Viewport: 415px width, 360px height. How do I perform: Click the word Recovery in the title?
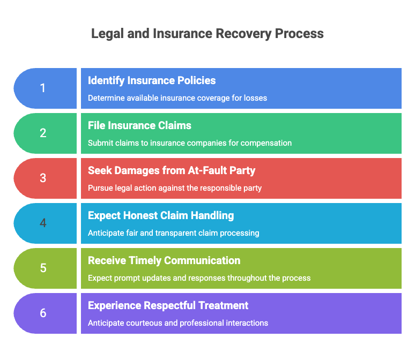(x=244, y=34)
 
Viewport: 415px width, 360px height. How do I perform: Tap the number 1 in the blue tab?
(x=42, y=88)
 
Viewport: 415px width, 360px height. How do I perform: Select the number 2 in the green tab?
(x=43, y=133)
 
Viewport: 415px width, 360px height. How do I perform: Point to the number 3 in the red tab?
(x=43, y=178)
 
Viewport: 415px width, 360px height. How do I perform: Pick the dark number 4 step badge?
(x=43, y=223)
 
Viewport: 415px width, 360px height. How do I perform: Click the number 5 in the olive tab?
(x=43, y=268)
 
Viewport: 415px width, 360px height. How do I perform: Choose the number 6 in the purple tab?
(x=43, y=313)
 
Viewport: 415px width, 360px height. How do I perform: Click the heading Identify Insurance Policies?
(x=152, y=81)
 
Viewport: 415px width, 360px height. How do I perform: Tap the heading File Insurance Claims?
(x=139, y=126)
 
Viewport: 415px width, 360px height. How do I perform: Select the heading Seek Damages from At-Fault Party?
(x=172, y=170)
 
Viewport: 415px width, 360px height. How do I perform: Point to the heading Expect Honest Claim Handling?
(x=161, y=216)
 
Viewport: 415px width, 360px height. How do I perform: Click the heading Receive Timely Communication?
(x=164, y=261)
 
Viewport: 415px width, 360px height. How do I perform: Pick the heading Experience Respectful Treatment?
(x=168, y=306)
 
